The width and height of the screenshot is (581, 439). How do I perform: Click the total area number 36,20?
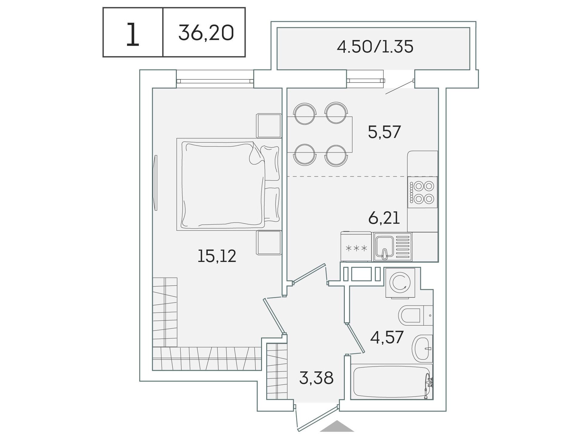click(206, 33)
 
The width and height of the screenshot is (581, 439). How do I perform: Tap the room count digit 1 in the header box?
click(133, 35)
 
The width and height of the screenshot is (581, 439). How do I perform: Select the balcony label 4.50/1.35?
click(375, 47)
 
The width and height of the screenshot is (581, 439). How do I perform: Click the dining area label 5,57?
click(384, 132)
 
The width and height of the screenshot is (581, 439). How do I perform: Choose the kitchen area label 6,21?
click(384, 218)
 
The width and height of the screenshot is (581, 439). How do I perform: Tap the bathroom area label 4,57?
click(387, 337)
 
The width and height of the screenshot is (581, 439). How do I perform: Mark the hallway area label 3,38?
click(316, 378)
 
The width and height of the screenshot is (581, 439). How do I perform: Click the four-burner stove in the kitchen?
click(422, 192)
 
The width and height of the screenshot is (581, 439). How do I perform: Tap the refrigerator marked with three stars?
click(356, 246)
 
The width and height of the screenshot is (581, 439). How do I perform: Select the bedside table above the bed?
click(269, 126)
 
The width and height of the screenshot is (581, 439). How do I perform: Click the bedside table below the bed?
click(269, 243)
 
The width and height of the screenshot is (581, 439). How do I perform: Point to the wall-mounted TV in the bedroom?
click(156, 183)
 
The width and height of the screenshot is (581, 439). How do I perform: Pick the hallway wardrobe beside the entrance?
click(277, 371)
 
